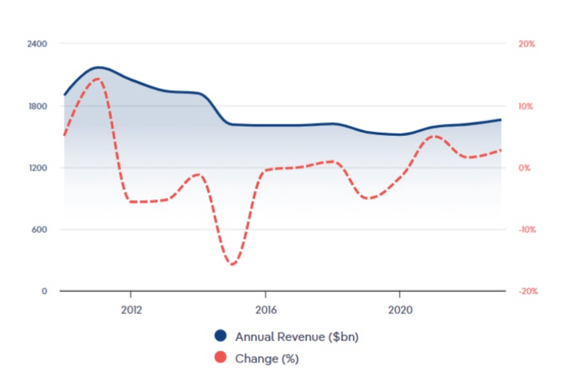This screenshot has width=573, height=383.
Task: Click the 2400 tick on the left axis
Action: click(39, 44)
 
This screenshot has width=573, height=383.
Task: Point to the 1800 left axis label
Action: click(39, 106)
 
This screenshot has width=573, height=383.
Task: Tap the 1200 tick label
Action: click(39, 168)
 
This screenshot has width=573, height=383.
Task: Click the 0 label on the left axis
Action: click(44, 291)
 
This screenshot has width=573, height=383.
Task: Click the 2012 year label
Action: click(131, 309)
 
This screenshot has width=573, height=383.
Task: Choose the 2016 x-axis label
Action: click(265, 309)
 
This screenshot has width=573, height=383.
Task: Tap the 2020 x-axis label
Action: click(400, 309)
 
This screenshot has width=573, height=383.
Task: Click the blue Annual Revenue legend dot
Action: click(221, 336)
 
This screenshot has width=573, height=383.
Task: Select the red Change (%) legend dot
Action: click(221, 358)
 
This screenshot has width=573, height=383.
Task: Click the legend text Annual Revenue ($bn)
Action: click(296, 337)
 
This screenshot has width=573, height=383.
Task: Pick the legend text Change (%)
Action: click(267, 358)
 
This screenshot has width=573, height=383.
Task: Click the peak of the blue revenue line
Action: click(98, 67)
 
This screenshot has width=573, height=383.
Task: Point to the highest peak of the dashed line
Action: click(97, 79)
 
